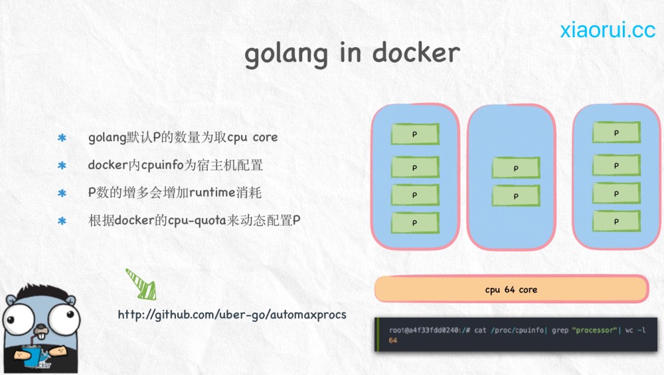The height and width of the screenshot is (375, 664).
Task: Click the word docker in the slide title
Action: (x=416, y=53)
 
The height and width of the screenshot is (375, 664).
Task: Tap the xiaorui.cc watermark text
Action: (x=608, y=30)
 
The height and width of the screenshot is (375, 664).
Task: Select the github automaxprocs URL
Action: (x=232, y=314)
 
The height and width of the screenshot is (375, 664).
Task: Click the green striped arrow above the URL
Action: (x=141, y=284)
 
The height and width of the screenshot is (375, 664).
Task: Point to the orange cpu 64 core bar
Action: (x=511, y=289)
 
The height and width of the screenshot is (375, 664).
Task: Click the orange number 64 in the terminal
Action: (x=393, y=340)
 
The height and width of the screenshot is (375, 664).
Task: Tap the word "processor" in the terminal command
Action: (x=594, y=330)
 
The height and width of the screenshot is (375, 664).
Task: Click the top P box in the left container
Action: (x=415, y=134)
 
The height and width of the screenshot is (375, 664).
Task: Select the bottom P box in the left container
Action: (x=415, y=223)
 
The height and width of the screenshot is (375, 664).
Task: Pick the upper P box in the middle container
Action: (x=516, y=168)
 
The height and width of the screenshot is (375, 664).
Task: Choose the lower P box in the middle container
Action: (x=516, y=196)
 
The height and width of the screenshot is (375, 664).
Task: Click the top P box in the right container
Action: (x=616, y=132)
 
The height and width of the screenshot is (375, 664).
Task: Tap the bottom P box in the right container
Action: (x=616, y=221)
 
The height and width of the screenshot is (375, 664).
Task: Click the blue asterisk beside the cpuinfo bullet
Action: (x=62, y=165)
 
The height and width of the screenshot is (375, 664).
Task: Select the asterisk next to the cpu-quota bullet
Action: (x=62, y=221)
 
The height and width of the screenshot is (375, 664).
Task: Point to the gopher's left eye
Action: (x=19, y=319)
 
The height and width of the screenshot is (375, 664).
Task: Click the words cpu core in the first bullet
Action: (x=252, y=138)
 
